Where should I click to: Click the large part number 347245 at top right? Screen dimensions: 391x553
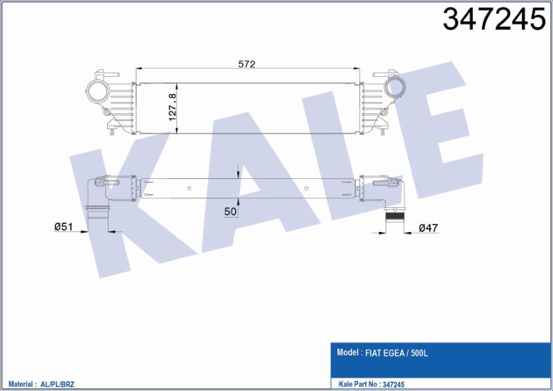click(x=494, y=21)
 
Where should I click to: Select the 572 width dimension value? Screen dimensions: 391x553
click(x=247, y=64)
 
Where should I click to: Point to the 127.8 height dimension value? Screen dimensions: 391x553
click(x=174, y=104)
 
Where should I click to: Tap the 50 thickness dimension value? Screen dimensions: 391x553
click(x=231, y=211)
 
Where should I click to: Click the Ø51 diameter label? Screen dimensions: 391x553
click(x=64, y=226)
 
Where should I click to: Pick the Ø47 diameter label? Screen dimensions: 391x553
click(x=429, y=228)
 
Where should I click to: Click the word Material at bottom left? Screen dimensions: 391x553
click(x=21, y=383)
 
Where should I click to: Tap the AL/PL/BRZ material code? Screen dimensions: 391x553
click(x=63, y=383)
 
